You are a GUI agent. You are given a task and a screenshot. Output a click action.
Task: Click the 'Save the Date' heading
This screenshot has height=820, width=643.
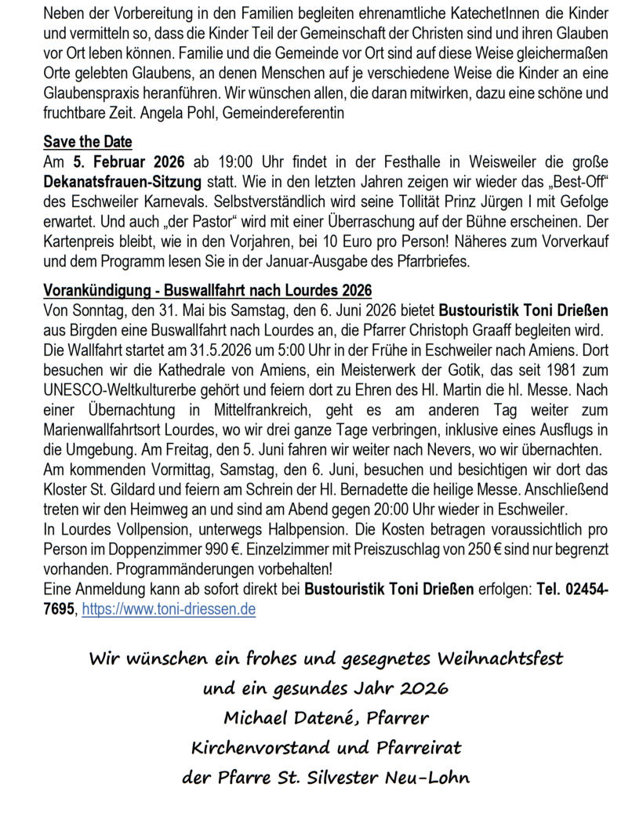pos(88,142)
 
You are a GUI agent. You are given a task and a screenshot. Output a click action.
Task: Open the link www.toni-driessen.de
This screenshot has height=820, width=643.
pos(169,608)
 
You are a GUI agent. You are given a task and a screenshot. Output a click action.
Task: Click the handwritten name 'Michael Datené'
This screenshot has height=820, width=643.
pos(283,717)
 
